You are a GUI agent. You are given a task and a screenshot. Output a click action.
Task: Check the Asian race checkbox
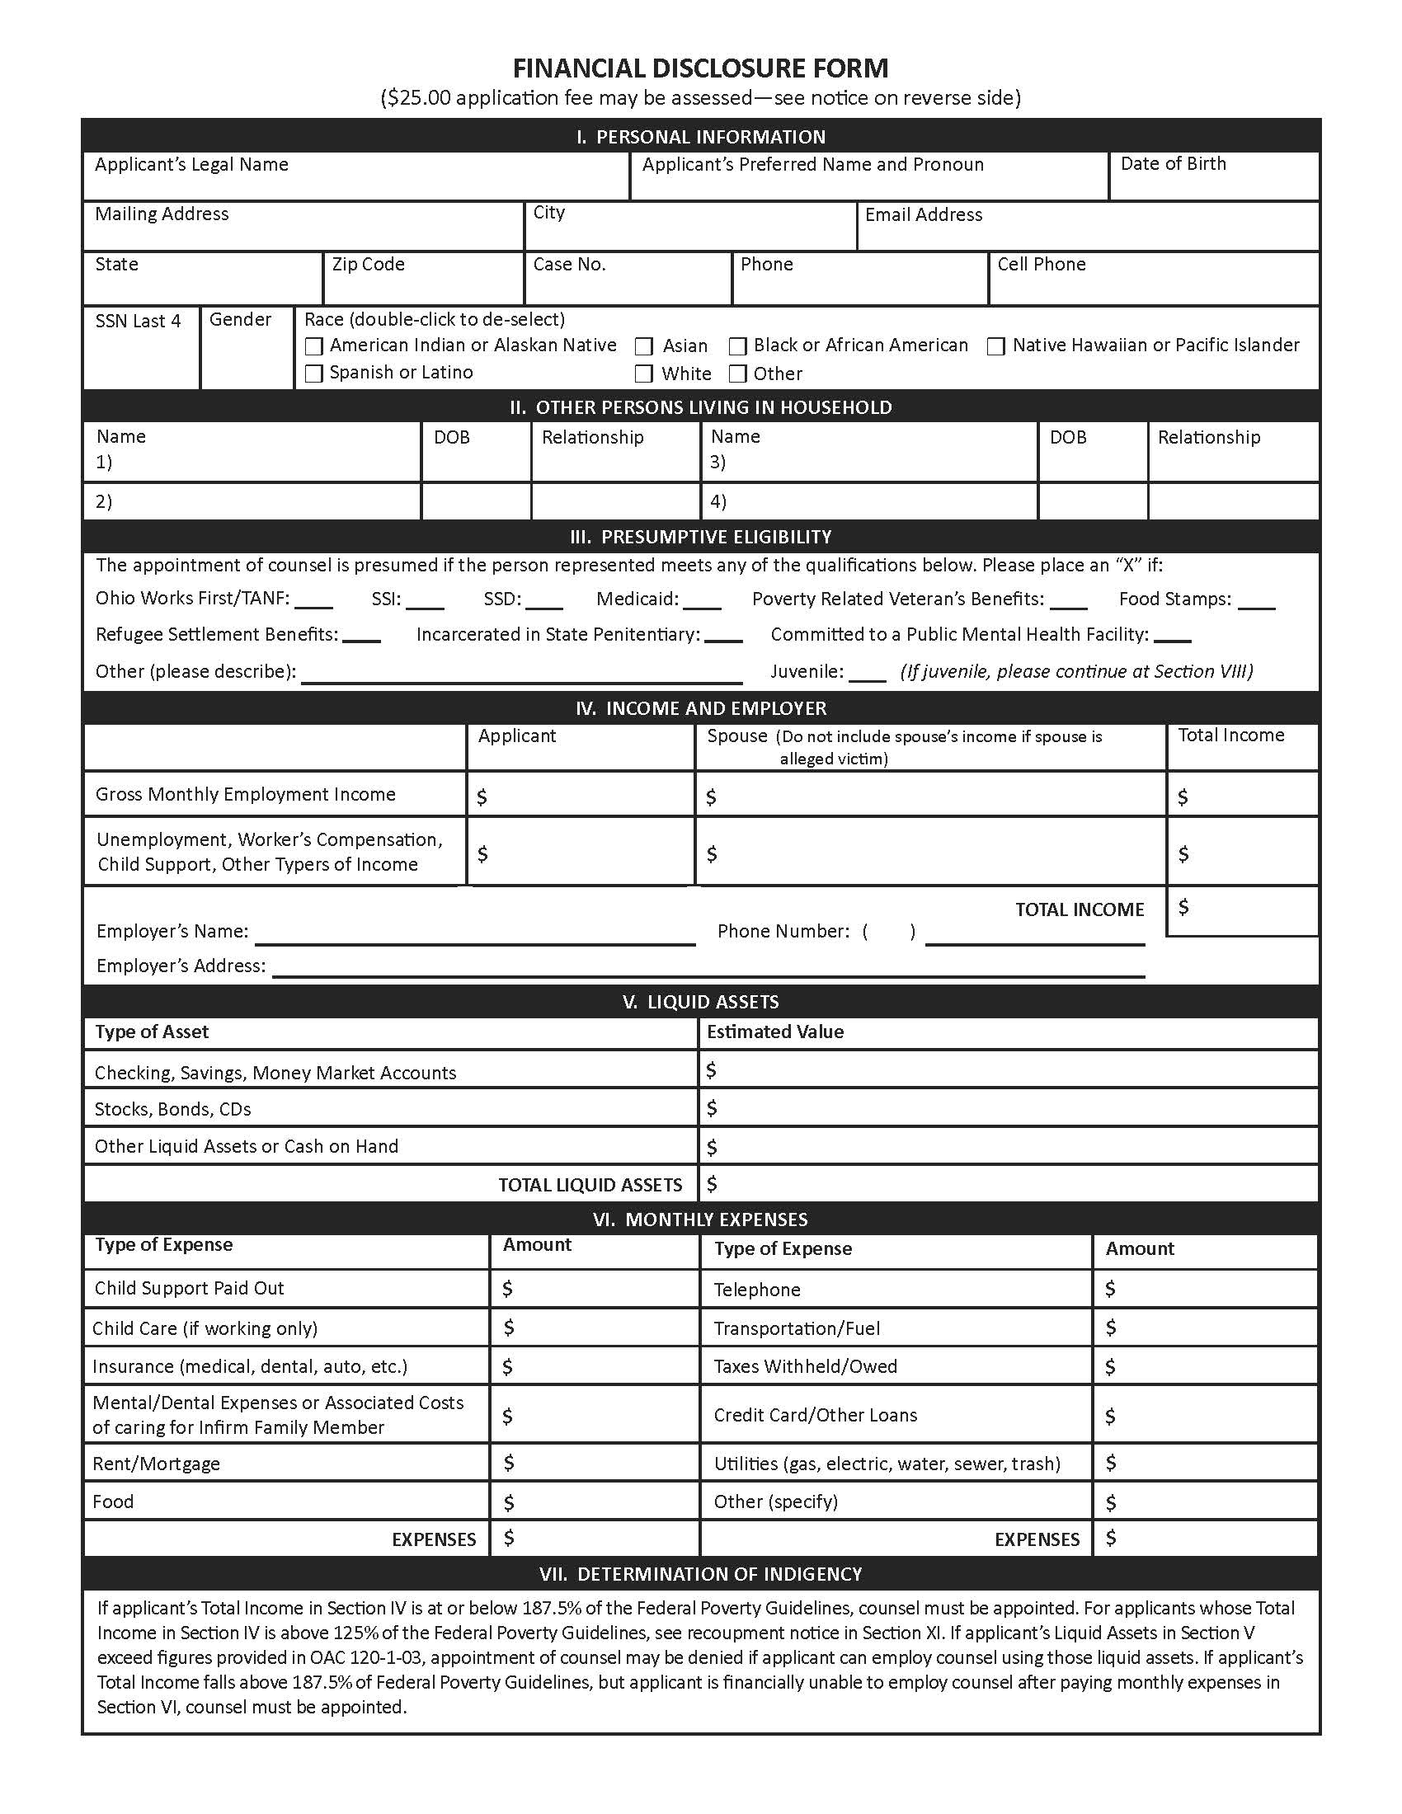point(644,346)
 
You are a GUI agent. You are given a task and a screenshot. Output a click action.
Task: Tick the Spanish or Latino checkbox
point(314,374)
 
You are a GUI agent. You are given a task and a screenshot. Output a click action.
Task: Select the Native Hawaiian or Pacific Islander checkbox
point(996,346)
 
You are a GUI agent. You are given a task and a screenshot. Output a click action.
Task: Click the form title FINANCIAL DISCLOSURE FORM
point(700,68)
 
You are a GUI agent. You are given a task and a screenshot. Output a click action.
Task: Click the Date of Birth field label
point(1173,163)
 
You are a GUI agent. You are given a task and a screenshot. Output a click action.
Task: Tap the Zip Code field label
point(368,264)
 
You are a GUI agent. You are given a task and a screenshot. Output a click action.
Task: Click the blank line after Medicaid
point(702,604)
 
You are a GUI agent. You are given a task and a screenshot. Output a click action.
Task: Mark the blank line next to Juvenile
point(868,677)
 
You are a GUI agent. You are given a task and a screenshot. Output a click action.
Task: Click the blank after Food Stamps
point(1256,604)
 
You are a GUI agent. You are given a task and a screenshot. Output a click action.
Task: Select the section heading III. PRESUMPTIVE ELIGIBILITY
point(700,537)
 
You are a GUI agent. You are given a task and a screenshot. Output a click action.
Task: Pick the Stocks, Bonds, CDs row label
point(172,1109)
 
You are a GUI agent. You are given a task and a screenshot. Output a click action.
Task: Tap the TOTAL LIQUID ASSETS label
point(590,1184)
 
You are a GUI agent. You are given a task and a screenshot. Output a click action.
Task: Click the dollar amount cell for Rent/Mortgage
point(594,1463)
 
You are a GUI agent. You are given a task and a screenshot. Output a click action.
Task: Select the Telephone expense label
point(756,1289)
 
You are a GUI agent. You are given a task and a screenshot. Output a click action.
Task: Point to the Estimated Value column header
point(775,1032)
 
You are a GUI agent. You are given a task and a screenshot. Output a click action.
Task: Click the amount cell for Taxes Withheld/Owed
point(1204,1366)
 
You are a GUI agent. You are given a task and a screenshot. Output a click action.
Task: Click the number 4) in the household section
point(717,501)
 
